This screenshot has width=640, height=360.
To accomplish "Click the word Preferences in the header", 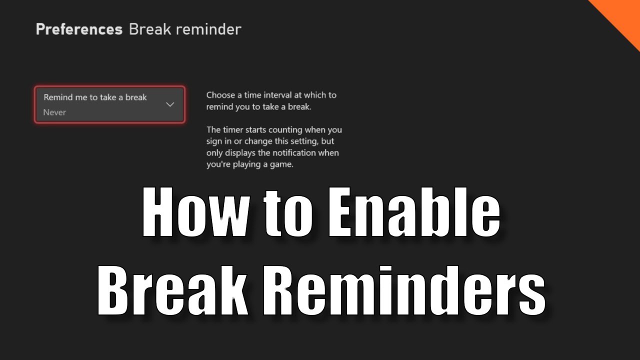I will [79, 29].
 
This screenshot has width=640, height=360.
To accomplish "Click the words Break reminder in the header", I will [185, 29].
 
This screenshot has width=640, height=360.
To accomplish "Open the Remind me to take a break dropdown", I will [109, 104].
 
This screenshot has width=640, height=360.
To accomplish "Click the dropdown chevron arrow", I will [170, 104].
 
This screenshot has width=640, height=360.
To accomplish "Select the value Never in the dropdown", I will [54, 112].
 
